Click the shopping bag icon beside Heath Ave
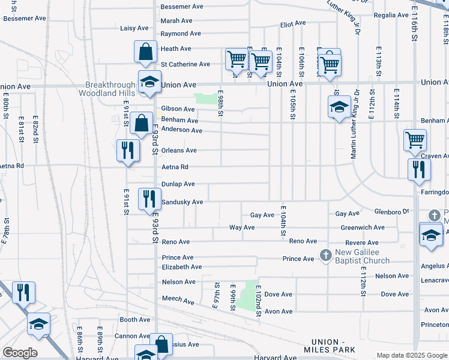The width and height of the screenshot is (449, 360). point(146,53)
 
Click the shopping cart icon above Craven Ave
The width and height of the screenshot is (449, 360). point(415,141)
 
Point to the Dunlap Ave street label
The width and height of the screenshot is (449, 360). point(178,184)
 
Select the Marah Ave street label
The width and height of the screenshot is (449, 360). point(176,20)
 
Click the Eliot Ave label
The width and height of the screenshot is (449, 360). point(293,25)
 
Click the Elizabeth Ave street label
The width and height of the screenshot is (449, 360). point(182,266)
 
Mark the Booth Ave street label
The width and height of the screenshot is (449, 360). point(134,320)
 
